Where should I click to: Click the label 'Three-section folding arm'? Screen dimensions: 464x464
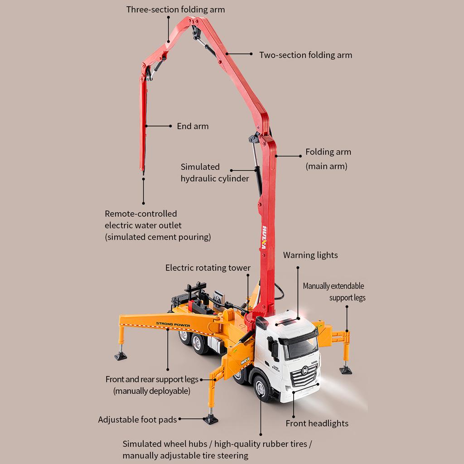[175, 9]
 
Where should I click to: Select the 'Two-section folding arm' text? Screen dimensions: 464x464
[305, 55]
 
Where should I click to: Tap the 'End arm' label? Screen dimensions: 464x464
[193, 126]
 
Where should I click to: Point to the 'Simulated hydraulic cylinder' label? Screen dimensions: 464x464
[214, 173]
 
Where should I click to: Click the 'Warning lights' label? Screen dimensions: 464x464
[310, 255]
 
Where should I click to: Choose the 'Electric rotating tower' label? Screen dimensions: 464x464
[208, 268]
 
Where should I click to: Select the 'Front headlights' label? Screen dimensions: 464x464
[317, 423]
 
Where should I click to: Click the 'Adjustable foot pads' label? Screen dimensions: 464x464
[137, 420]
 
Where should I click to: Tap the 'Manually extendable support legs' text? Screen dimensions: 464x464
[334, 292]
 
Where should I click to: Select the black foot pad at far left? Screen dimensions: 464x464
[121, 356]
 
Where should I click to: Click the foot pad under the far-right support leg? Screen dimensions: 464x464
[346, 370]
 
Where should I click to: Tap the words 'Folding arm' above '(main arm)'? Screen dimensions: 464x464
[328, 152]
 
